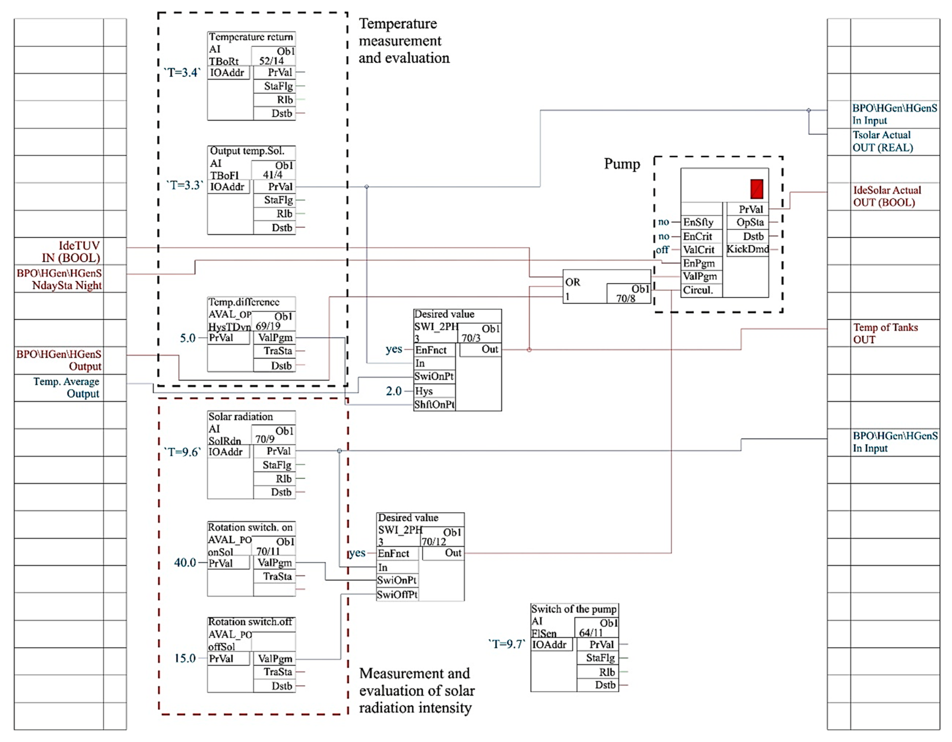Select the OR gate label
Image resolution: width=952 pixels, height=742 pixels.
click(572, 282)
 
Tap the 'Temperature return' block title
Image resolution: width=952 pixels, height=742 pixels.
click(251, 37)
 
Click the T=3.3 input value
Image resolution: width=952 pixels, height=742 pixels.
click(185, 185)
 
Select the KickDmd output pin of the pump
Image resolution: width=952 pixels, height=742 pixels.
click(747, 249)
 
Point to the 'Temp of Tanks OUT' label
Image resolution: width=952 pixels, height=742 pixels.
click(885, 333)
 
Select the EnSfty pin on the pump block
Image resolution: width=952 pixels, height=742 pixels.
click(698, 222)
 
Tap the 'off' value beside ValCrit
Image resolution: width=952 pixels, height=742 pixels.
click(662, 250)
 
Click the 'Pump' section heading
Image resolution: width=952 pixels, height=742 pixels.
click(622, 164)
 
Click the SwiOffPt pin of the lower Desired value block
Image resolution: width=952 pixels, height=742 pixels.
click(397, 594)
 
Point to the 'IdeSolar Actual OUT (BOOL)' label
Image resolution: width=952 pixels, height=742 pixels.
click(887, 196)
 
